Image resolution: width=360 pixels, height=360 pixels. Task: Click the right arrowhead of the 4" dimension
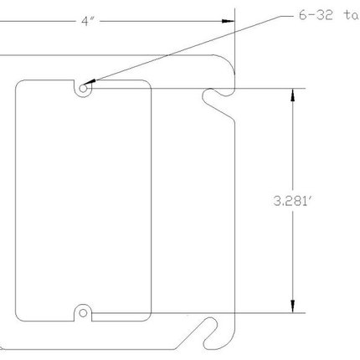click(227, 22)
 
